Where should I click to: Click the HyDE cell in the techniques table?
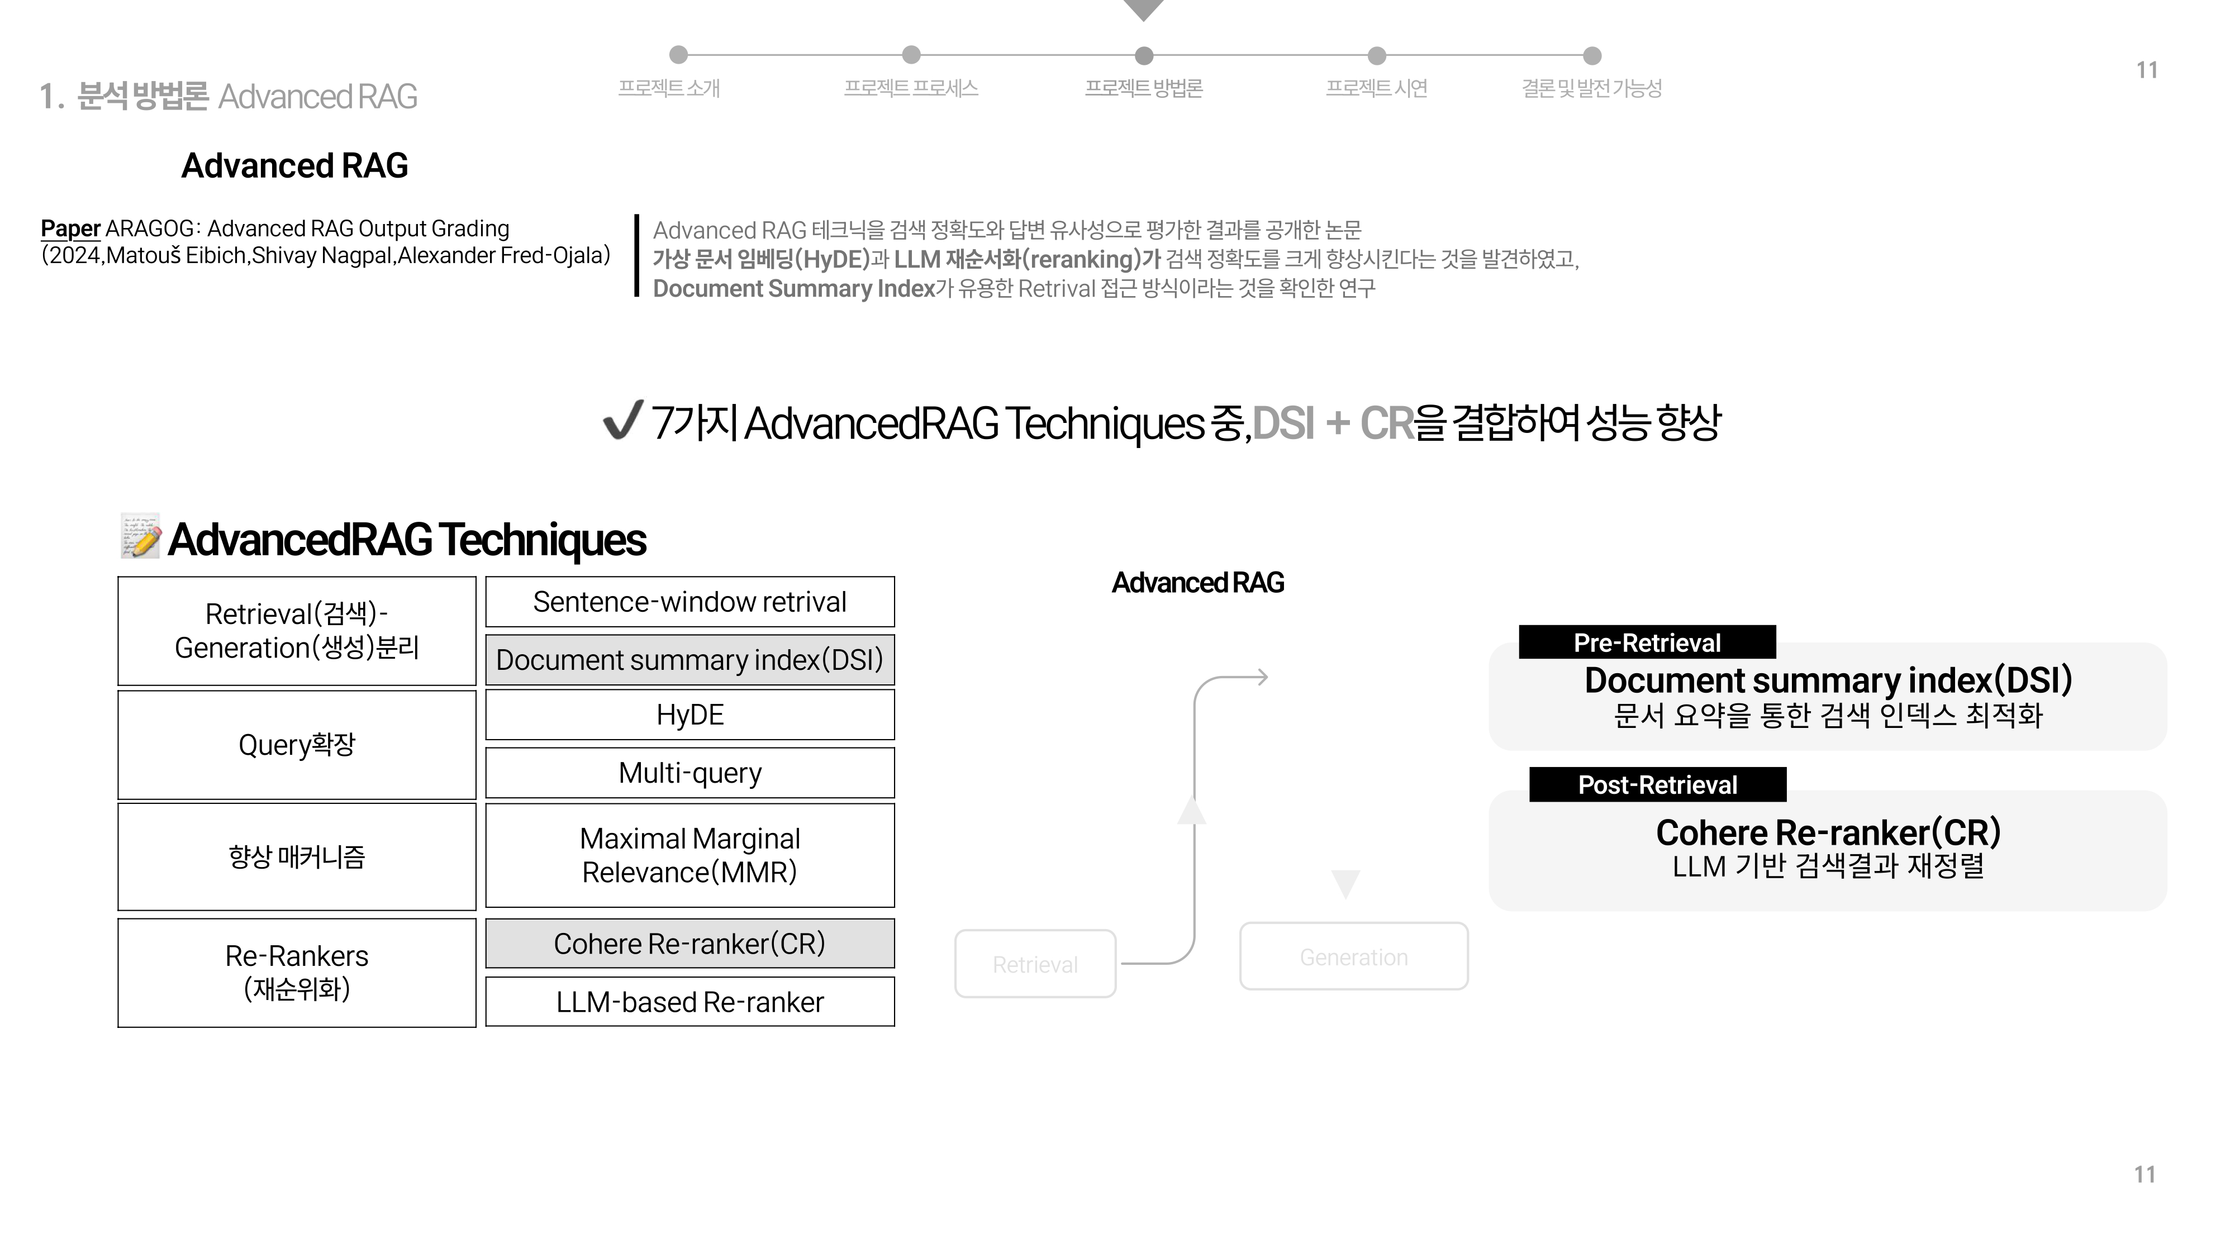(689, 715)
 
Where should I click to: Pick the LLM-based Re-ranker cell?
(689, 1002)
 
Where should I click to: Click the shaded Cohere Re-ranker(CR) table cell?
(689, 944)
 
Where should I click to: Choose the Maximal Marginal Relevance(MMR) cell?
(689, 855)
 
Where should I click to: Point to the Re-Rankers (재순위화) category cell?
(297, 973)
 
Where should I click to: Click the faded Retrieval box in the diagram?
(1035, 964)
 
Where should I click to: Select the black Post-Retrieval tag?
(1657, 785)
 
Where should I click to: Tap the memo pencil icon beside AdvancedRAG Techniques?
(141, 536)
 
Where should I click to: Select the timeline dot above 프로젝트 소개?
(678, 55)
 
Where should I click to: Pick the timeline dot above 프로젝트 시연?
(1377, 55)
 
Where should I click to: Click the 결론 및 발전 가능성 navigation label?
(1591, 88)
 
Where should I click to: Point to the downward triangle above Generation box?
(1345, 882)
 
